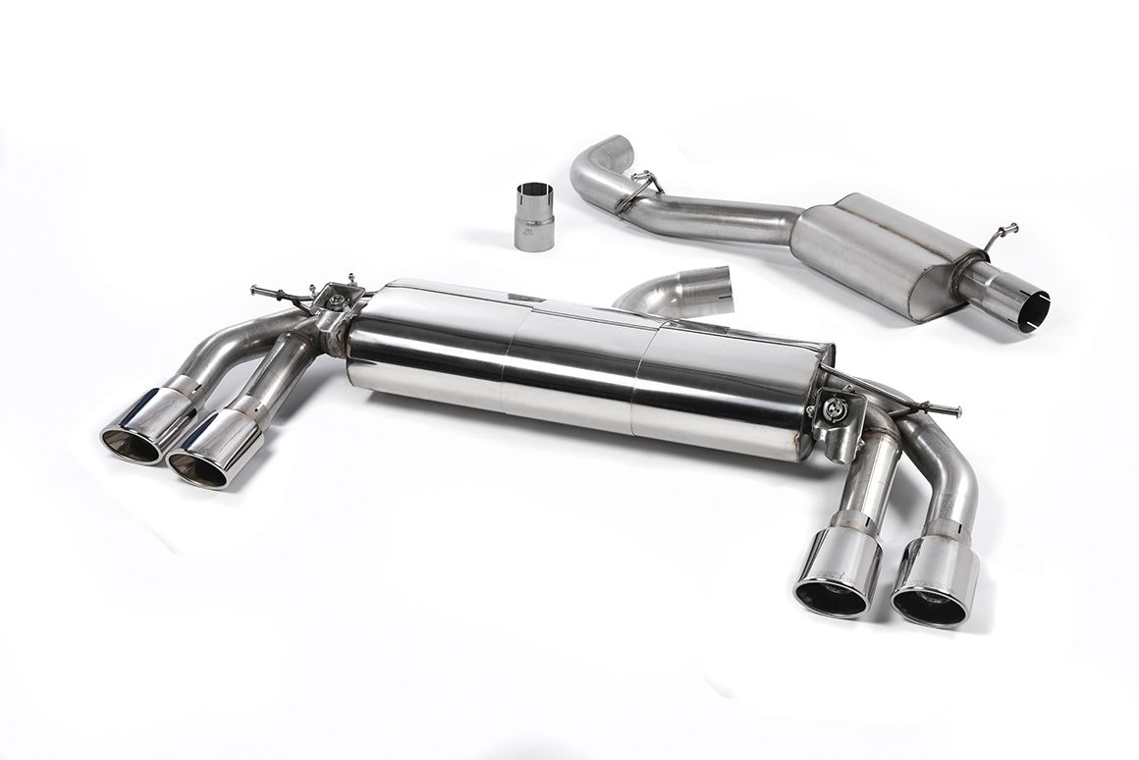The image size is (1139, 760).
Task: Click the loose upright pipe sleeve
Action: tap(533, 214)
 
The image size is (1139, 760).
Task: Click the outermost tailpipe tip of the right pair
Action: tap(929, 589)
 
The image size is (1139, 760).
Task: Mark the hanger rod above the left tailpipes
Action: tap(280, 295)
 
